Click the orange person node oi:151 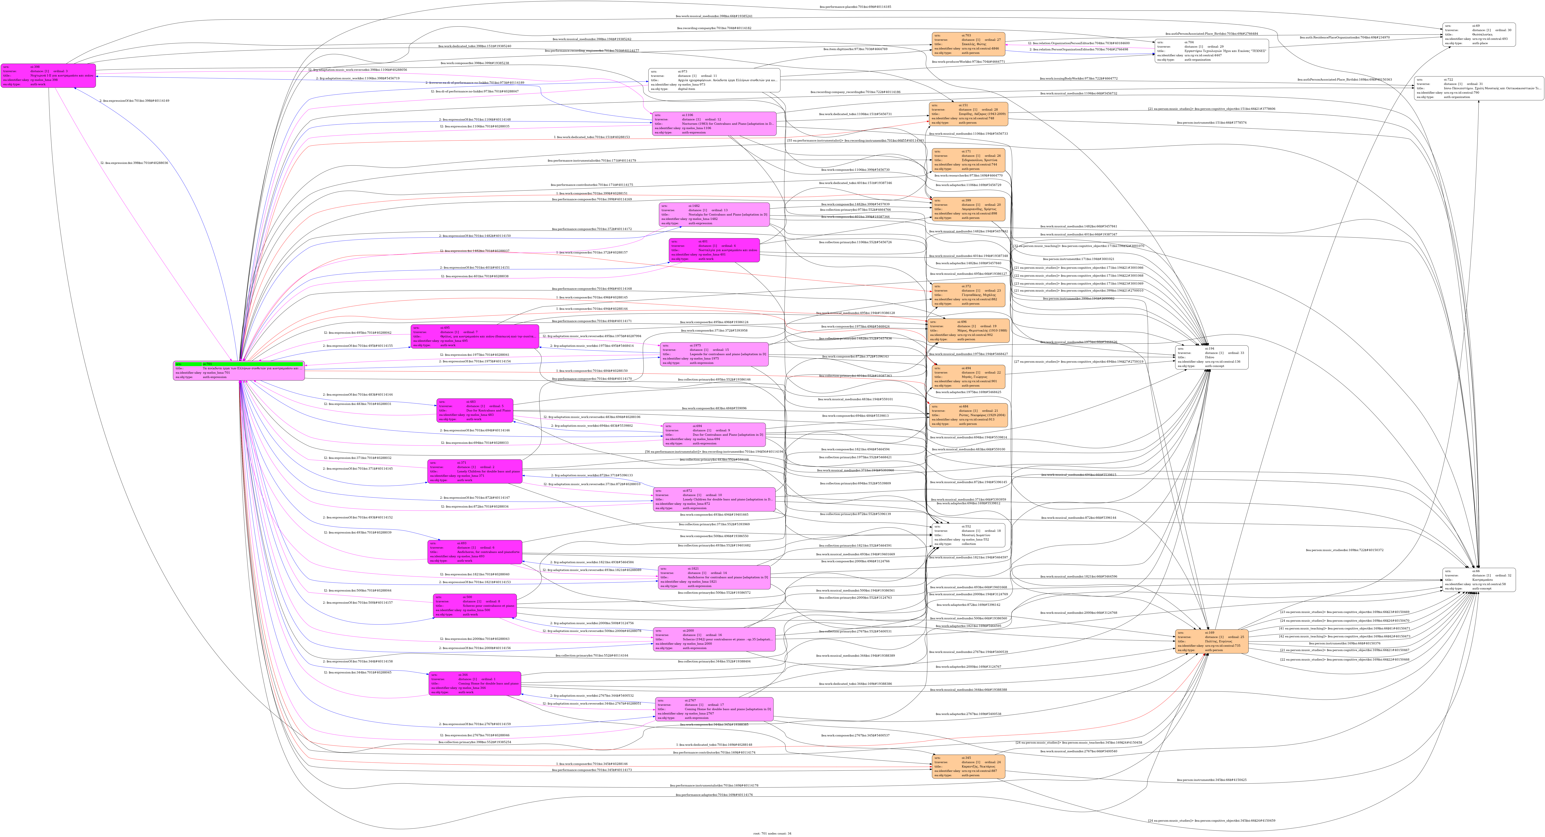pyautogui.click(x=968, y=114)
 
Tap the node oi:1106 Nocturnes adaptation pyautogui.click(x=714, y=124)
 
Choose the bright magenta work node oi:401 pyautogui.click(x=714, y=250)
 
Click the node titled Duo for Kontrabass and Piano pyautogui.click(x=474, y=410)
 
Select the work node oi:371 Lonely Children pyautogui.click(x=474, y=472)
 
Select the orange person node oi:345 pyautogui.click(x=968, y=767)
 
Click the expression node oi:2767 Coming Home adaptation pyautogui.click(x=714, y=709)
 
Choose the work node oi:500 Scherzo pyautogui.click(x=474, y=606)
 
